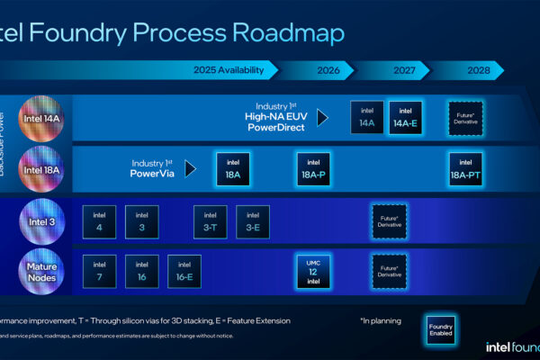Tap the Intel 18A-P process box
tap(312, 167)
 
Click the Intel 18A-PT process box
tap(465, 167)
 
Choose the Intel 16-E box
tap(184, 271)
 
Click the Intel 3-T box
tap(210, 222)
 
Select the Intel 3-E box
tap(253, 222)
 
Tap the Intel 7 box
tap(99, 271)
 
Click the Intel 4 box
tap(99, 222)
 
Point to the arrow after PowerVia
tap(190, 168)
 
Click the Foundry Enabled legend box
tap(440, 330)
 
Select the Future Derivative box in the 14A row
tap(465, 118)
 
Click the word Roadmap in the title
tap(289, 33)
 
